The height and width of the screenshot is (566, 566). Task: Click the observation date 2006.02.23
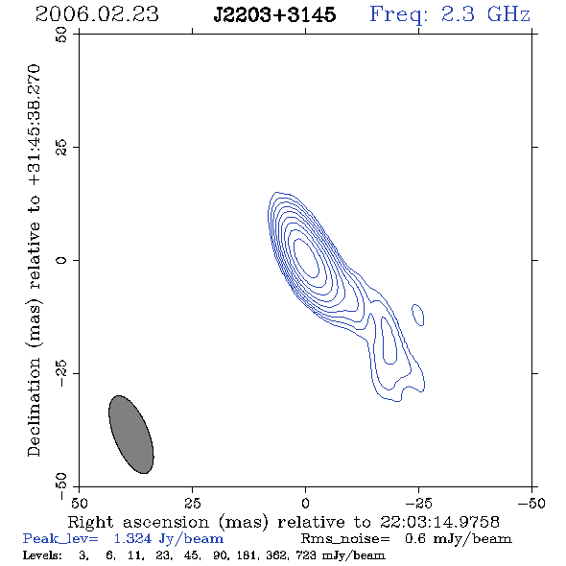click(97, 14)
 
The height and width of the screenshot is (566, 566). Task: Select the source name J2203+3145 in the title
click(274, 15)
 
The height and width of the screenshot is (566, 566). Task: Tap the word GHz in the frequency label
click(508, 14)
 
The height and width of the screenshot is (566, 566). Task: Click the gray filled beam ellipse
click(131, 435)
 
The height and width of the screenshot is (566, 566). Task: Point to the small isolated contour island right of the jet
click(418, 315)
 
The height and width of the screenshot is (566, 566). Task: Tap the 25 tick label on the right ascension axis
click(192, 503)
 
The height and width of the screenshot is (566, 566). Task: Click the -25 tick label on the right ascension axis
click(418, 503)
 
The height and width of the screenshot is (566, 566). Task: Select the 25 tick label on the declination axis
click(61, 148)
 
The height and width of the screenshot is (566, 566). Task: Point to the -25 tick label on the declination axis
click(61, 373)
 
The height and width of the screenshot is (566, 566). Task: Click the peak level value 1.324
click(132, 538)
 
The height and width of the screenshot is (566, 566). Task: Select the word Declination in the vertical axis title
click(34, 407)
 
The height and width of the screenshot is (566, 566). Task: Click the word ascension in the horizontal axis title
click(166, 522)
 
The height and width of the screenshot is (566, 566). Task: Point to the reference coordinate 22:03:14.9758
click(439, 522)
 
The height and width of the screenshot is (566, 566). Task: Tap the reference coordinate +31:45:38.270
click(34, 126)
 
